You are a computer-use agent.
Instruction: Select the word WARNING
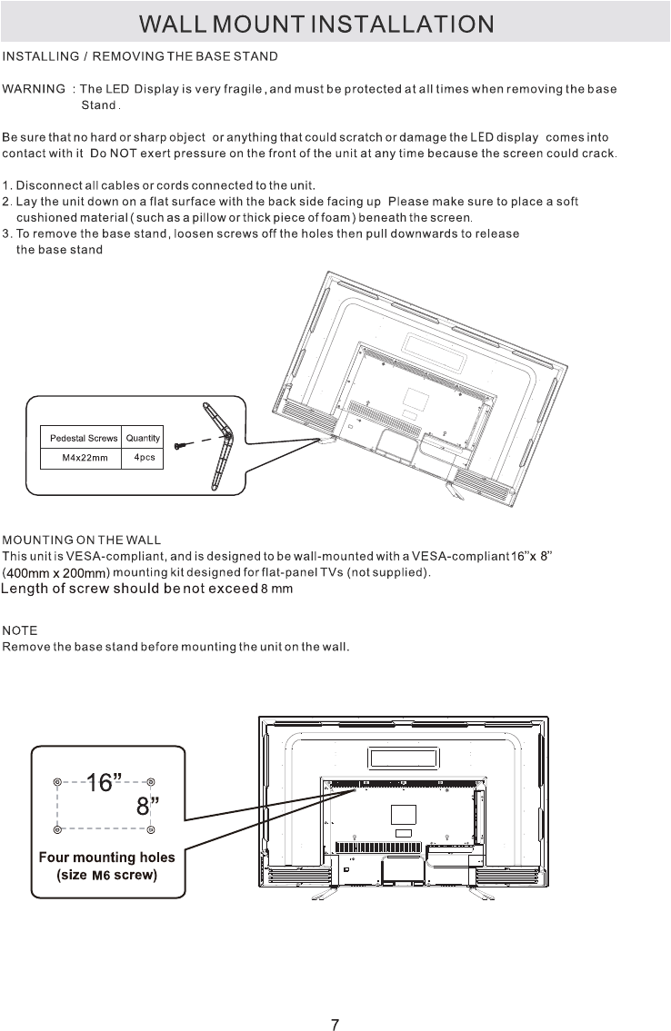(34, 89)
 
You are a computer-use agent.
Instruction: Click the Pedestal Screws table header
(84, 439)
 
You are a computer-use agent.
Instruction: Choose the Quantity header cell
(144, 439)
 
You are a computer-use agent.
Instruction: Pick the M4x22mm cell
(85, 458)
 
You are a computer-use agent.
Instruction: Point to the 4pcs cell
(144, 457)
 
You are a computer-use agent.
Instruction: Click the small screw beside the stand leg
(181, 445)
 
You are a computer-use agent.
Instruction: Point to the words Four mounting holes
(106, 857)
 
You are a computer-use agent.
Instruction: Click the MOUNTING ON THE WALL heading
(82, 542)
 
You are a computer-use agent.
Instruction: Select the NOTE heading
(19, 630)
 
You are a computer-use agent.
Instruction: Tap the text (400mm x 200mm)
(56, 572)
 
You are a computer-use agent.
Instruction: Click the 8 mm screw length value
(276, 590)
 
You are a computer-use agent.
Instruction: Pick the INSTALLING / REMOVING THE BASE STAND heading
(140, 56)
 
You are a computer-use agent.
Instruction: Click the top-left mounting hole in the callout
(58, 781)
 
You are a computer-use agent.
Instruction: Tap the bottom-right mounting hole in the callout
(151, 829)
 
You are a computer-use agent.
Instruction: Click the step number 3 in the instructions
(6, 233)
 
